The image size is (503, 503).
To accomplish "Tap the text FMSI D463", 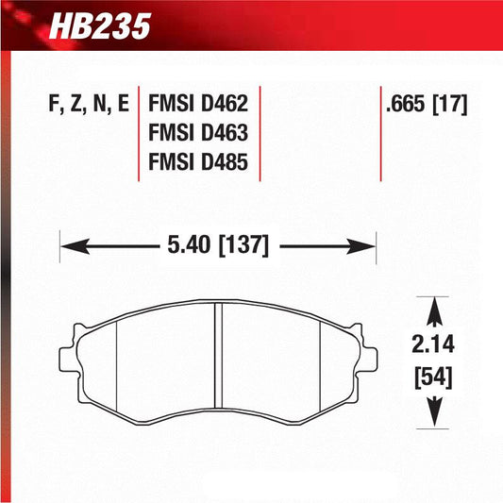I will tap(198, 134).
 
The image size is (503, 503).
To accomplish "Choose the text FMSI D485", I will tap(198, 162).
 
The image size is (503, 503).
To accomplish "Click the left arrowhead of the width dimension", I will tap(70, 247).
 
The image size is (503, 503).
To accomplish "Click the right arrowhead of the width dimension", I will tap(366, 247).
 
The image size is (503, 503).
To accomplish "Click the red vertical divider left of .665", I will tap(380, 132).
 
